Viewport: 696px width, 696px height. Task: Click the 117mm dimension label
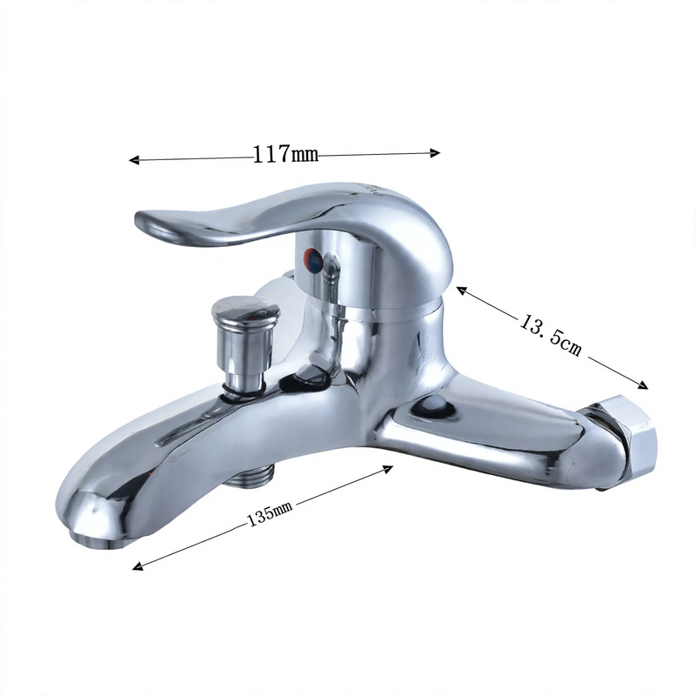pyautogui.click(x=285, y=154)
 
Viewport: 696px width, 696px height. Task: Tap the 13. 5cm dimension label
pyautogui.click(x=551, y=335)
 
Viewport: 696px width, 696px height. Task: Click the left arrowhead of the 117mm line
pyautogui.click(x=134, y=160)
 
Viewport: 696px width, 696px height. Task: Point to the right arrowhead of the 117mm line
pyautogui.click(x=435, y=153)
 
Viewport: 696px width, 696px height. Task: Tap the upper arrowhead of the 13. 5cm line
pyautogui.click(x=462, y=291)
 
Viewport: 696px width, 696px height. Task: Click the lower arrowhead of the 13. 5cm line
pyautogui.click(x=643, y=385)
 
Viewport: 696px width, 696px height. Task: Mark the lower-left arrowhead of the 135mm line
pyautogui.click(x=138, y=566)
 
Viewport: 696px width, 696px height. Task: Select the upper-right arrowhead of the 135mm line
pyautogui.click(x=388, y=469)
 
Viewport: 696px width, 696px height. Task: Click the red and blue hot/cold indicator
pyautogui.click(x=313, y=259)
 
